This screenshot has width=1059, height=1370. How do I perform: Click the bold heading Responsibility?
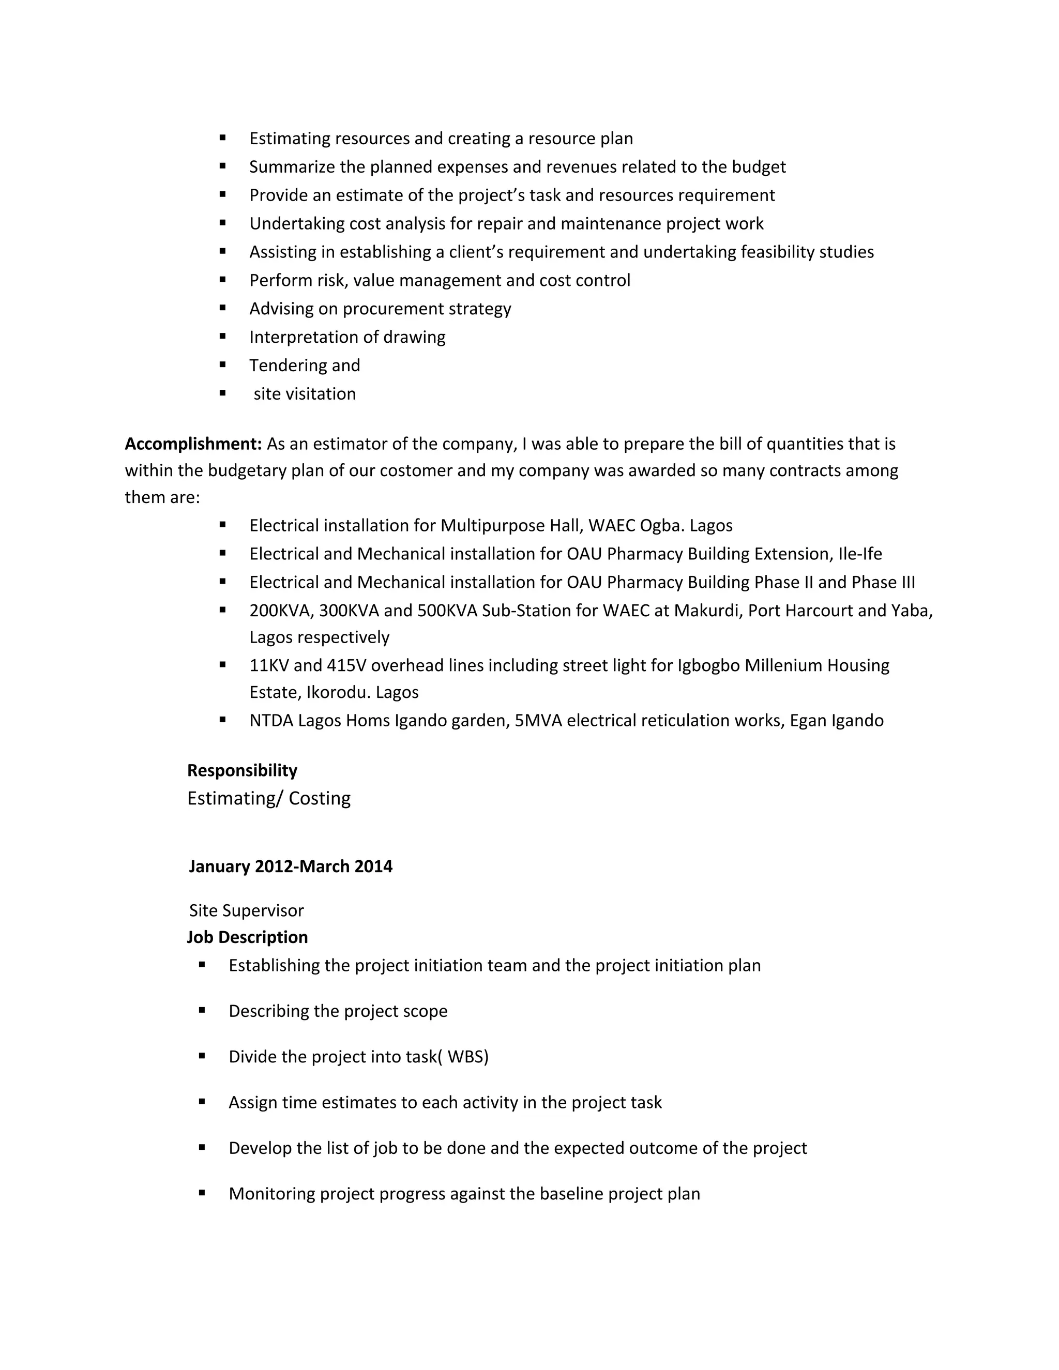(x=242, y=770)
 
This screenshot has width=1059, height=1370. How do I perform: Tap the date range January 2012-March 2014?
(x=291, y=866)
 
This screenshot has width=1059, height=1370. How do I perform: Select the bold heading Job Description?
(x=247, y=937)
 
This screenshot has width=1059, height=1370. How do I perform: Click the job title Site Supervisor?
(x=246, y=910)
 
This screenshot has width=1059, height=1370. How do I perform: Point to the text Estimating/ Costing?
(x=268, y=799)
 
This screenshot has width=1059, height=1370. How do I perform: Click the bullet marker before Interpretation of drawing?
(x=223, y=337)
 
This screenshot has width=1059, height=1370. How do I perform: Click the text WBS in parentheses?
(x=467, y=1057)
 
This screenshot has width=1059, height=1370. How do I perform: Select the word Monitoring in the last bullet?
(x=271, y=1194)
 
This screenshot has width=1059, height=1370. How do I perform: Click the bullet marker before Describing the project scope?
(x=202, y=1011)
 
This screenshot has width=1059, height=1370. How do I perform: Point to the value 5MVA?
(x=538, y=720)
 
